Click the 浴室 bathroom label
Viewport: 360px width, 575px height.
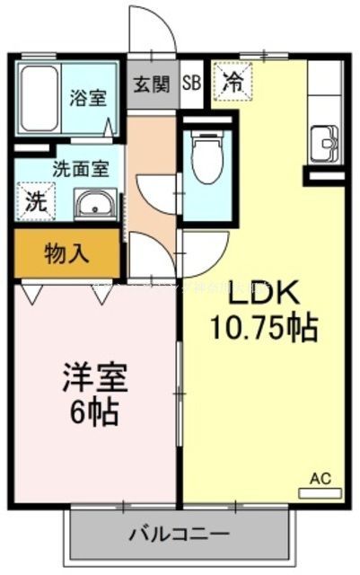point(89,97)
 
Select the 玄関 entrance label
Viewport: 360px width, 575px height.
point(152,84)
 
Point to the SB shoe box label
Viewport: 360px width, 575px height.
point(191,84)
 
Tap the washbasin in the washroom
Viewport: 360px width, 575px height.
point(93,204)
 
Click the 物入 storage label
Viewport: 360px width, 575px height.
point(66,253)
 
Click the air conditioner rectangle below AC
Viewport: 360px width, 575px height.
point(320,492)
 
